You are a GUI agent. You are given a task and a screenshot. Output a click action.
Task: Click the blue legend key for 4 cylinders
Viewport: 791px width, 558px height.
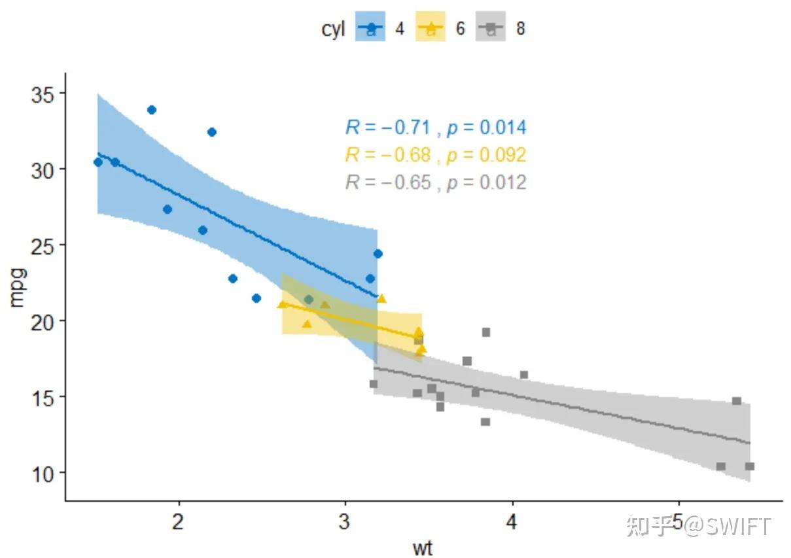[x=370, y=29]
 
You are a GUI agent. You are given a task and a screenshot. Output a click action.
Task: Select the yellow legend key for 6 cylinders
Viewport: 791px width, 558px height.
[x=431, y=29]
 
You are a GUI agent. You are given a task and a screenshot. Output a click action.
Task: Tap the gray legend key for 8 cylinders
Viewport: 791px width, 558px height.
[x=490, y=29]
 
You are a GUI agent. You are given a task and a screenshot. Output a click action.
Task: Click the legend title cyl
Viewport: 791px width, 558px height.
[x=333, y=29]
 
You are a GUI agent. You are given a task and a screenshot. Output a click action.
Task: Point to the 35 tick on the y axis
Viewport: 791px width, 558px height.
[x=44, y=94]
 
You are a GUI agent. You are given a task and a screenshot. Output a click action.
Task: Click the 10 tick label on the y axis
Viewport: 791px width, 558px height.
[x=44, y=472]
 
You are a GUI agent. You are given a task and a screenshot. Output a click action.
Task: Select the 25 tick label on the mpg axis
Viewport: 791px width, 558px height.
[x=44, y=245]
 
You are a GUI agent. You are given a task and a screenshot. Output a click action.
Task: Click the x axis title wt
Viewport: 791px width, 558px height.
[x=423, y=547]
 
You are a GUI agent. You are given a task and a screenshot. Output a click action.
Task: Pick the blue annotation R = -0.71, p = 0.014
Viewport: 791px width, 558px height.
[x=435, y=128]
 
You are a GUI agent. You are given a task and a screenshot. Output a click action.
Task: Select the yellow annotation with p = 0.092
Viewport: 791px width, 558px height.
[x=435, y=155]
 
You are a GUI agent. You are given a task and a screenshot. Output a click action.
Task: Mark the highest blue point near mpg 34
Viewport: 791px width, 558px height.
[x=152, y=110]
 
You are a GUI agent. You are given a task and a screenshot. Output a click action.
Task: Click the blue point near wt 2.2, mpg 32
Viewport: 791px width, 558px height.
[x=212, y=132]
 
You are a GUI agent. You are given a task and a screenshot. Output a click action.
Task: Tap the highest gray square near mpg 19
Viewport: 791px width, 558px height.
[x=486, y=332]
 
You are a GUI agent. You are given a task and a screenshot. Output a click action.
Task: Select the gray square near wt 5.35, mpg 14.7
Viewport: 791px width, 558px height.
[x=737, y=401]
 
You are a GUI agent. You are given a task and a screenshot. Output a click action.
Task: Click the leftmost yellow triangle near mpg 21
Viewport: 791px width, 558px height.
[x=282, y=304]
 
